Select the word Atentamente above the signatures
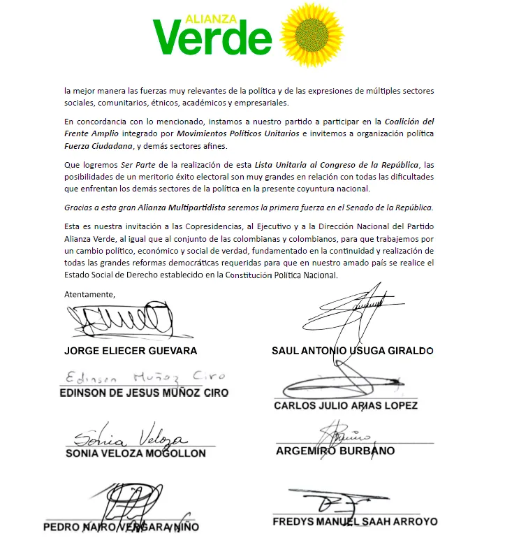click(x=89, y=294)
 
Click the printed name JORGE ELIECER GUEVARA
click(x=131, y=350)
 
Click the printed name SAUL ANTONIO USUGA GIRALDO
click(x=353, y=350)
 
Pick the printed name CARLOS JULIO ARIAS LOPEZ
click(x=346, y=405)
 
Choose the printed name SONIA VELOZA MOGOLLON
click(x=136, y=453)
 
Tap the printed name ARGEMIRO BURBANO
click(x=335, y=451)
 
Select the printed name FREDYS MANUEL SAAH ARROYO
click(x=354, y=521)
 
